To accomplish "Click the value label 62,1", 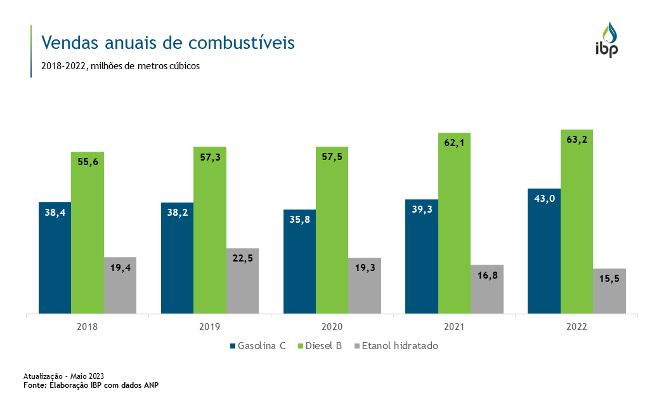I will tap(454, 143).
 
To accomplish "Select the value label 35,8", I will tap(299, 220).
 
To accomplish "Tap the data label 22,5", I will tap(242, 258).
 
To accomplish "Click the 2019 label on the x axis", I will tap(210, 327).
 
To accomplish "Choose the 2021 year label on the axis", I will tap(454, 327).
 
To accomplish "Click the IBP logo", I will tap(606, 40).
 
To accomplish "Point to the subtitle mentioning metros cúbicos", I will tap(120, 66).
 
